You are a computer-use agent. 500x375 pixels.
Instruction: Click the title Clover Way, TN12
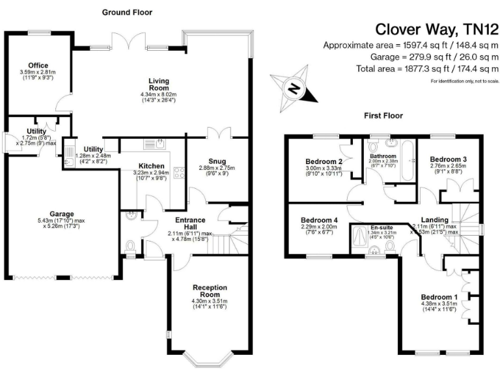(437, 29)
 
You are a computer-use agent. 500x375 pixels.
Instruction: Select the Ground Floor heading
(127, 12)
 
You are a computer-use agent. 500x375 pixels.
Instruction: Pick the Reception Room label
(210, 290)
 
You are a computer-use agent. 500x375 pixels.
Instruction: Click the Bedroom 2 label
(324, 161)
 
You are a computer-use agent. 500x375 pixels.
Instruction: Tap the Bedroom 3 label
(448, 160)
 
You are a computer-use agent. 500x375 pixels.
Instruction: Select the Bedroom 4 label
(318, 220)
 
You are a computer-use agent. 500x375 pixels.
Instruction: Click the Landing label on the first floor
(434, 220)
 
